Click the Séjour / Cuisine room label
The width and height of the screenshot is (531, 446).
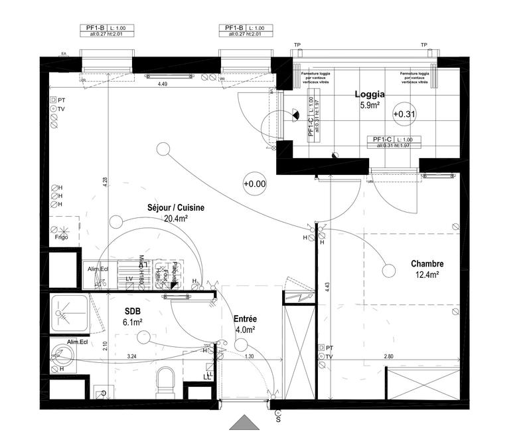tap(176, 208)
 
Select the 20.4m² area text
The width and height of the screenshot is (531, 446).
tap(176, 218)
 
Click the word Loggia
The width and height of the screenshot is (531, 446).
tap(369, 95)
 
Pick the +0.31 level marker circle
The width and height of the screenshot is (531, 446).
tap(404, 114)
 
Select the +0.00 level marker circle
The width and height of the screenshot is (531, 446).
tap(254, 183)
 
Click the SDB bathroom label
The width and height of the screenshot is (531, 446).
tap(133, 311)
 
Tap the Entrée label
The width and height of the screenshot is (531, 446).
tap(245, 319)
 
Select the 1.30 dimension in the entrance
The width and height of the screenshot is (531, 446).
tap(249, 357)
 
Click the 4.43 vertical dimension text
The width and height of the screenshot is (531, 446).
tap(328, 286)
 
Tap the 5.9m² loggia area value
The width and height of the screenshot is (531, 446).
tap(369, 105)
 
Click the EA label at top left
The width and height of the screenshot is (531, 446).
tap(64, 53)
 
